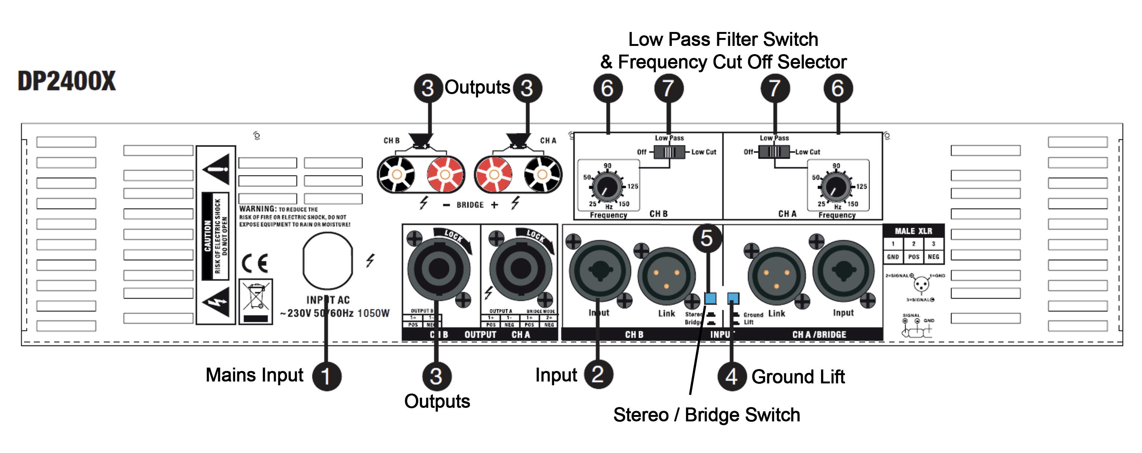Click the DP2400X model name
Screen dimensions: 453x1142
tap(67, 81)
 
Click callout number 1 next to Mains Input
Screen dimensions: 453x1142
tap(327, 376)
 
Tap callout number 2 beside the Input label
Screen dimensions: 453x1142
tap(598, 374)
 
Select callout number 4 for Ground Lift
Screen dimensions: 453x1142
tap(732, 376)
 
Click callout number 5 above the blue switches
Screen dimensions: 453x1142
tap(707, 238)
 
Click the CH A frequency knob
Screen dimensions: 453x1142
tap(836, 187)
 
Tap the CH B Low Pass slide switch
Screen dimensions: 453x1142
tap(670, 152)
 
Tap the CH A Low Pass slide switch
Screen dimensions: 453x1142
tap(774, 152)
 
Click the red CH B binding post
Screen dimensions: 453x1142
tap(445, 174)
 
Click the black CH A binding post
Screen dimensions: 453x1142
tap(542, 174)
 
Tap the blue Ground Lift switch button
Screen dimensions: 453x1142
tap(733, 298)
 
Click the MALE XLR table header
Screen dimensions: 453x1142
tap(913, 231)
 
